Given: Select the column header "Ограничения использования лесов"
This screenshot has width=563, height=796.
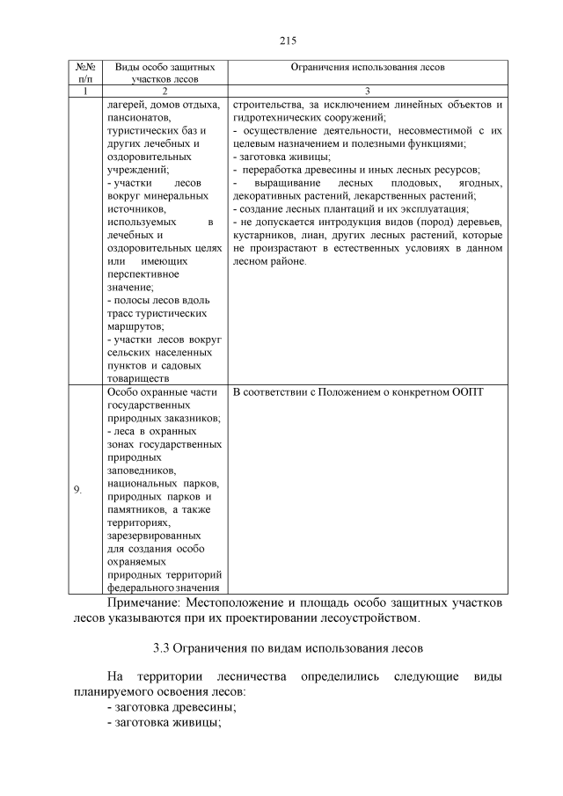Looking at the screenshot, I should pyautogui.click(x=368, y=67).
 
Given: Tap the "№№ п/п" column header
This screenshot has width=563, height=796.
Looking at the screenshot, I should pyautogui.click(x=86, y=72).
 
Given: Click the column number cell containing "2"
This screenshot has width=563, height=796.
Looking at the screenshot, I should pyautogui.click(x=165, y=91).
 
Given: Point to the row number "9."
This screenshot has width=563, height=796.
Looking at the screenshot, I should pyautogui.click(x=78, y=490).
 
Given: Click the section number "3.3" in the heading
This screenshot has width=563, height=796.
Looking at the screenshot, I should pyautogui.click(x=161, y=648).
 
